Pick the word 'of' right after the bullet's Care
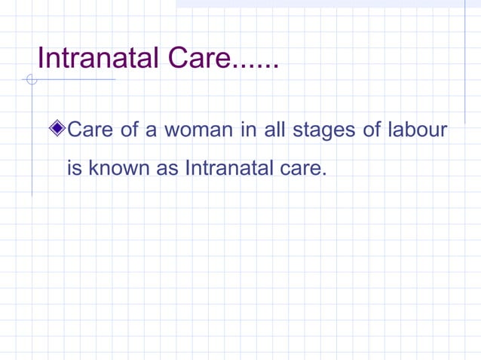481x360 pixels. coord(129,130)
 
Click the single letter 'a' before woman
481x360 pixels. coord(151,132)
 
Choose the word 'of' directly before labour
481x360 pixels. coord(372,130)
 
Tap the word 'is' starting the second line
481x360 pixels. coord(75,168)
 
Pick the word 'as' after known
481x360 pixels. coord(167,169)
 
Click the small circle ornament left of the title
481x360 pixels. coord(31,79)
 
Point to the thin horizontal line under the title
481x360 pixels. coord(75,79)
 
